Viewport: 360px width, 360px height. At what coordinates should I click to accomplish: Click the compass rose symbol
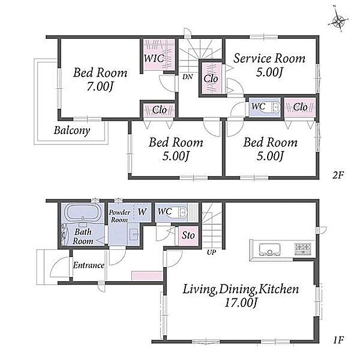pyautogui.click(x=338, y=21)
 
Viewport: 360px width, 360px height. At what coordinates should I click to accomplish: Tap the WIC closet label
pyautogui.click(x=154, y=58)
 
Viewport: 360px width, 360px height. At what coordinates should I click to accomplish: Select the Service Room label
pyautogui.click(x=269, y=58)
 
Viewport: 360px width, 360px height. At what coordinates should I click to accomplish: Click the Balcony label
pyautogui.click(x=72, y=131)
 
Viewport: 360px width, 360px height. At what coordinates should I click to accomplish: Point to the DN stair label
pyautogui.click(x=188, y=77)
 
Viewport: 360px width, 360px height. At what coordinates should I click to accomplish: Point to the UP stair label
pyautogui.click(x=211, y=253)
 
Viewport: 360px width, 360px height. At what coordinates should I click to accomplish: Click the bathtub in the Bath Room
pyautogui.click(x=82, y=213)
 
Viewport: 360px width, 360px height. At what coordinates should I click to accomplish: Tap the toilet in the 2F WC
pyautogui.click(x=273, y=107)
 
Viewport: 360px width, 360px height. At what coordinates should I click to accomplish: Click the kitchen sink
pyautogui.click(x=270, y=249)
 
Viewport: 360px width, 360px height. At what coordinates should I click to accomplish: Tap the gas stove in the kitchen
pyautogui.click(x=303, y=249)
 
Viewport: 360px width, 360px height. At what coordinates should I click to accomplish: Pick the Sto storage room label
pyautogui.click(x=188, y=235)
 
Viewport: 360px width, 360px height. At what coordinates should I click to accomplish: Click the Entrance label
pyautogui.click(x=89, y=265)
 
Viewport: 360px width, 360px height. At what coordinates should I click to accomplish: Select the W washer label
pyautogui.click(x=142, y=212)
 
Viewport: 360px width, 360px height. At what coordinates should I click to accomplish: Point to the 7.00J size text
pyautogui.click(x=100, y=87)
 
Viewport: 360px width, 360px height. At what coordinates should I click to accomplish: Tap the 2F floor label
pyautogui.click(x=338, y=175)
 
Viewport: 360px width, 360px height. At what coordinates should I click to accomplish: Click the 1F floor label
pyautogui.click(x=338, y=340)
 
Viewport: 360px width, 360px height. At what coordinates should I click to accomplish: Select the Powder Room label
pyautogui.click(x=120, y=216)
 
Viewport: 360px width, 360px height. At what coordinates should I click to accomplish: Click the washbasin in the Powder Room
pyautogui.click(x=134, y=235)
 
